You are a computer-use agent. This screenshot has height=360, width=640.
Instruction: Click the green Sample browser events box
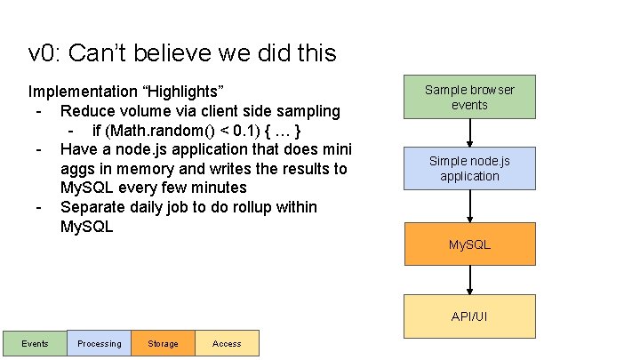coord(469,97)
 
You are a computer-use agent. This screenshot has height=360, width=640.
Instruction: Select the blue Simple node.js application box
coord(469,168)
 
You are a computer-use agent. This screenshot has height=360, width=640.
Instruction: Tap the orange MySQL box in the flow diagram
coord(469,244)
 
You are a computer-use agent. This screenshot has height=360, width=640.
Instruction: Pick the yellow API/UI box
coord(469,316)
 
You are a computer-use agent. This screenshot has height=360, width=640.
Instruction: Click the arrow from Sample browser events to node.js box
coord(469,132)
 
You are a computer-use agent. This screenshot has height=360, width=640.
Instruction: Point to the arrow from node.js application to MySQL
coord(469,206)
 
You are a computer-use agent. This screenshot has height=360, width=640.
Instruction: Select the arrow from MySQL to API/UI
coord(469,280)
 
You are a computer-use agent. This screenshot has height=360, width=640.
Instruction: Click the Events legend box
coord(35,343)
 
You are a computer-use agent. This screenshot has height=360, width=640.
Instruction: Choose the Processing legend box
coord(99,343)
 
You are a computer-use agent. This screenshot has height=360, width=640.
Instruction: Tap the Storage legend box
coord(163,343)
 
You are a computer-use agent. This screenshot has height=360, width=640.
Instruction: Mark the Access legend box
coord(227,343)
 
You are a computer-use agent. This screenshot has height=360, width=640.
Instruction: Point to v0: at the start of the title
coord(44,53)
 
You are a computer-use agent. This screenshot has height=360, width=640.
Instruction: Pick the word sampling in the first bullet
coord(308,111)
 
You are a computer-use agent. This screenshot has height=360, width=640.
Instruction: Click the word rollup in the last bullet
coord(272,207)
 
